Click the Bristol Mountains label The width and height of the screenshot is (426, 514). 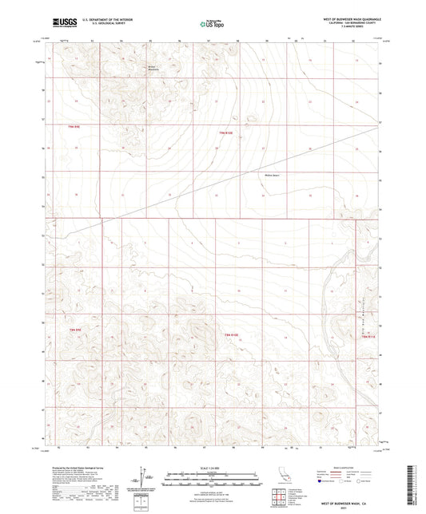coord(154,67)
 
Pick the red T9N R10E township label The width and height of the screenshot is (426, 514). coord(227,132)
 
